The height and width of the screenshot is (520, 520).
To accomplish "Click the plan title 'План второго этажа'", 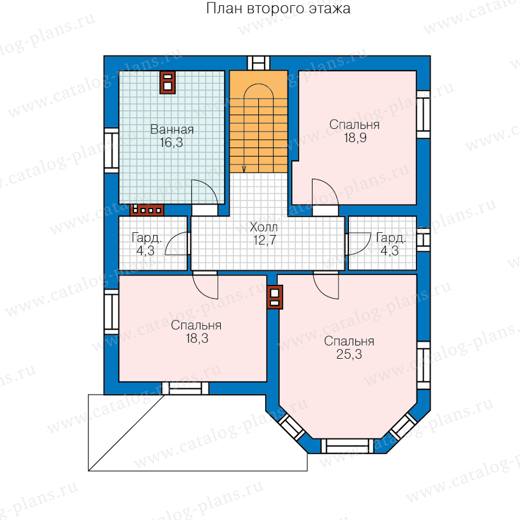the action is pyautogui.click(x=278, y=8).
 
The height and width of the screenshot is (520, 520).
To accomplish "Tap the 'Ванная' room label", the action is pyautogui.click(x=172, y=129).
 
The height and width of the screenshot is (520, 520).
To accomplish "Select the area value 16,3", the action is pyautogui.click(x=172, y=143).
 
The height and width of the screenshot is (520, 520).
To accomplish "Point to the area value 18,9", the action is pyautogui.click(x=355, y=138).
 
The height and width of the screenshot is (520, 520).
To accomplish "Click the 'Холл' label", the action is pyautogui.click(x=263, y=227).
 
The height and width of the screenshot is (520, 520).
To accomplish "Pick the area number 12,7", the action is pyautogui.click(x=264, y=240).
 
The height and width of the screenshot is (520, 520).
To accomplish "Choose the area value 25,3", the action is pyautogui.click(x=349, y=354).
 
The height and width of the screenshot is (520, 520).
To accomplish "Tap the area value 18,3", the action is pyautogui.click(x=197, y=338).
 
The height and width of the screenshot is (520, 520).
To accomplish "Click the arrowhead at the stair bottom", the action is pyautogui.click(x=244, y=169).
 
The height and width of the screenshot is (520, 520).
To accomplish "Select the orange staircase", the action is pyautogui.click(x=259, y=121).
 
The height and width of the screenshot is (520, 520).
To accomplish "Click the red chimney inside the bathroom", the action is pyautogui.click(x=168, y=82).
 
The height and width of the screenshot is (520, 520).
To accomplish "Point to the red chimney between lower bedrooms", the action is pyautogui.click(x=275, y=297).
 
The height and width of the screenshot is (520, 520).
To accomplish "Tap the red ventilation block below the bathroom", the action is pyautogui.click(x=147, y=210).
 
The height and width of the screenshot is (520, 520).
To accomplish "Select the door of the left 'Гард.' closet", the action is pyautogui.click(x=177, y=244).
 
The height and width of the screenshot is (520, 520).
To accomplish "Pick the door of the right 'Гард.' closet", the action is pyautogui.click(x=358, y=244).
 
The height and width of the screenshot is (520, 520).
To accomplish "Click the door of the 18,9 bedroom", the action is pyautogui.click(x=325, y=192).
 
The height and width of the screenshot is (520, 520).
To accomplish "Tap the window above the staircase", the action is pyautogui.click(x=259, y=63).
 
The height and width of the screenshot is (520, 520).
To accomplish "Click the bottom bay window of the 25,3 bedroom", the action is pyautogui.click(x=347, y=446).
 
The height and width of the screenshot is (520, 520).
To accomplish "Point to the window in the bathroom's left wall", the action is pyautogui.click(x=112, y=151).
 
